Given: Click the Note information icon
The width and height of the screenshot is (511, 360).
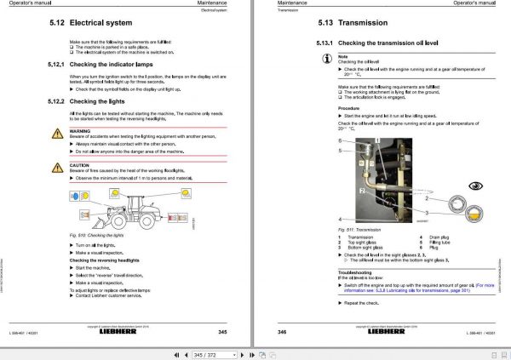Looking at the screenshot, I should (329, 60).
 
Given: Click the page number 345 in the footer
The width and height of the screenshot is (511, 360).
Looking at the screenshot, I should (222, 332).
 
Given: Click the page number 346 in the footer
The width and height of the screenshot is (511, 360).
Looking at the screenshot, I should (282, 332).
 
